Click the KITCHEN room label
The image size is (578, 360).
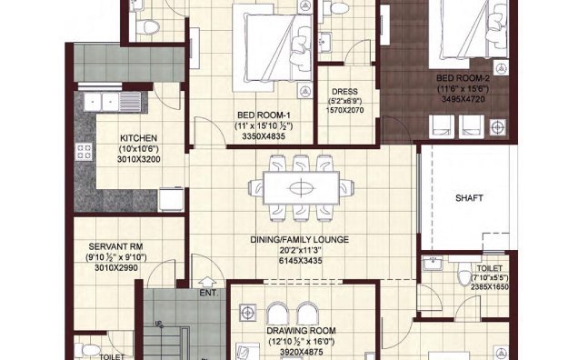[138, 139]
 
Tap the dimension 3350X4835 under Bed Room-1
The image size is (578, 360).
[262, 135]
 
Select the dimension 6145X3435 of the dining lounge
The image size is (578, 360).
[300, 260]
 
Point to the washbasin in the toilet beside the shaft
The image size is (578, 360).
[433, 267]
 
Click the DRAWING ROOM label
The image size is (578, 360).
[301, 330]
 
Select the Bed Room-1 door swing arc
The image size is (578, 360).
[206, 132]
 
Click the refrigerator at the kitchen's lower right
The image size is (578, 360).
[169, 199]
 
